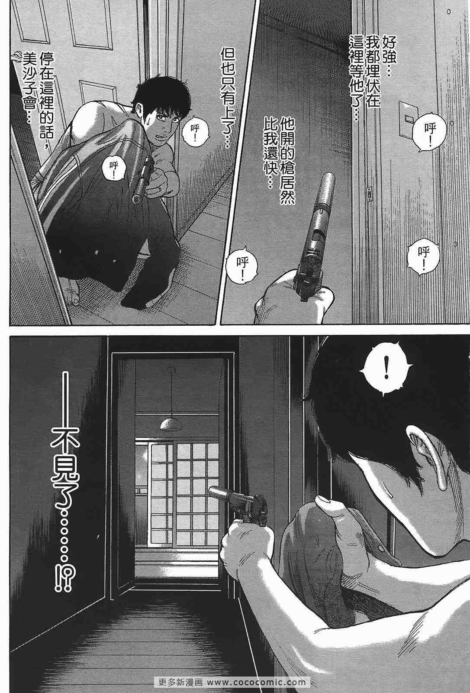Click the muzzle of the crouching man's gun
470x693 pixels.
tap(136, 199)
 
